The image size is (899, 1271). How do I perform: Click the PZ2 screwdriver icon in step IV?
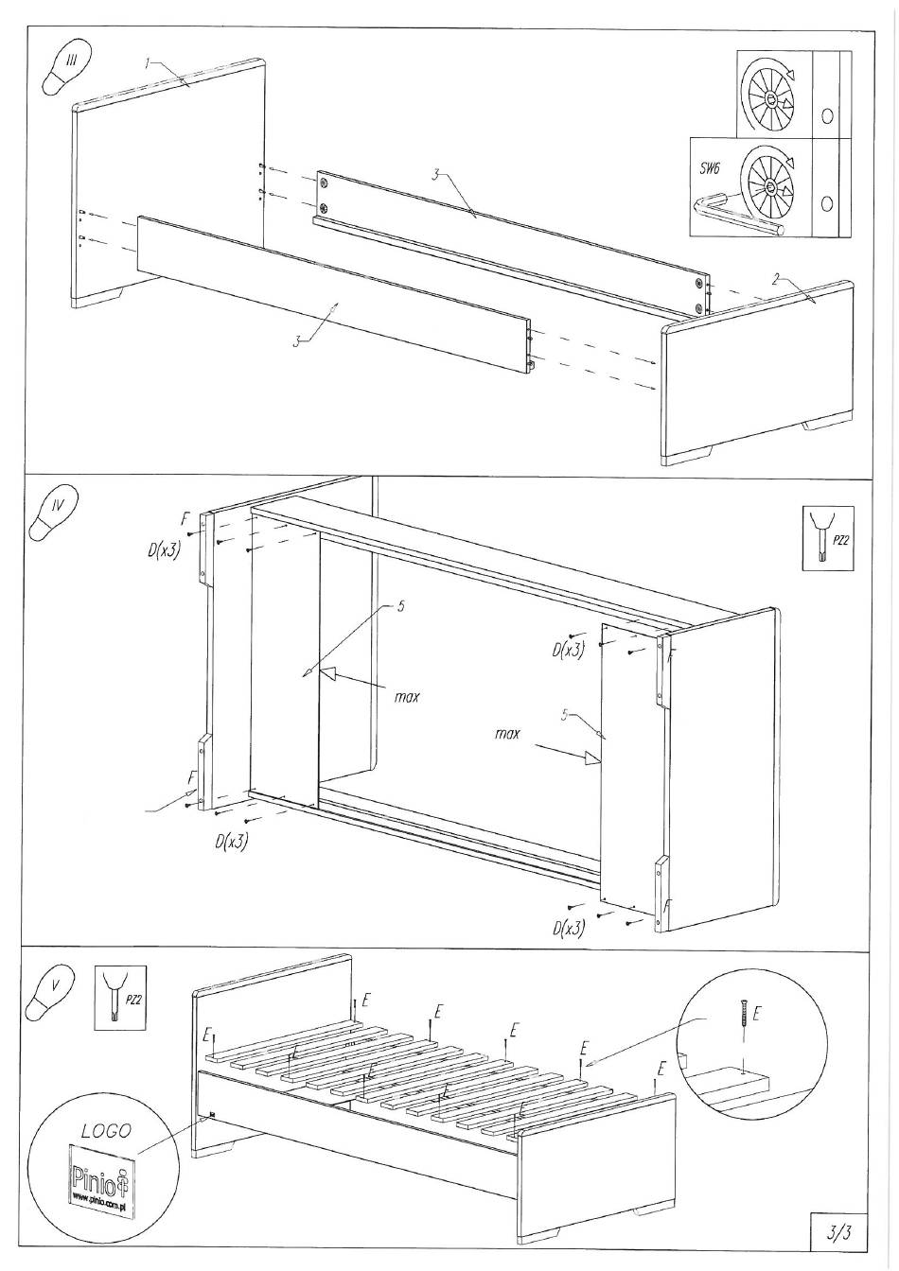(821, 538)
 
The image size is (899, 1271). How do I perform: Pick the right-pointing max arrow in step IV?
(591, 757)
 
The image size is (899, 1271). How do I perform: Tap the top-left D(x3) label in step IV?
(164, 550)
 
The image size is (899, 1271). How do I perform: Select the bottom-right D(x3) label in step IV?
(569, 929)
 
